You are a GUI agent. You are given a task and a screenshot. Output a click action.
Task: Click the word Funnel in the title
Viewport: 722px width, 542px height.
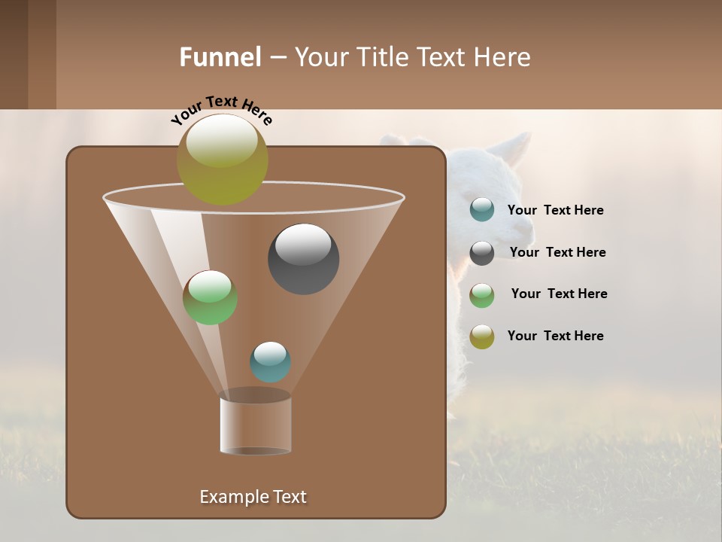click(x=220, y=57)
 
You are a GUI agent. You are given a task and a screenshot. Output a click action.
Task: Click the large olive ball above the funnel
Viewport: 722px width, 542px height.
click(x=222, y=160)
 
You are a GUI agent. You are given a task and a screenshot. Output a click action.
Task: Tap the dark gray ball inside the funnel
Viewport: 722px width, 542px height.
click(x=303, y=259)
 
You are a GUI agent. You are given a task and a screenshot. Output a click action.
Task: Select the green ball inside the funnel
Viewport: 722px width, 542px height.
click(x=210, y=297)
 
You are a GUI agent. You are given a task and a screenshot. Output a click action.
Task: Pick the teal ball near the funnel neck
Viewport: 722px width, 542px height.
click(x=270, y=362)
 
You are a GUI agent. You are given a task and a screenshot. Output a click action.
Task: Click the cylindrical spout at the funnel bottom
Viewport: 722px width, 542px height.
click(x=256, y=425)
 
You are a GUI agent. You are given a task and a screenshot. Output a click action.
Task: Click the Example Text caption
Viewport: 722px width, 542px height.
click(x=253, y=497)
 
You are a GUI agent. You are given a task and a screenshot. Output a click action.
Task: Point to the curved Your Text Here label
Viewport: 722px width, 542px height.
click(x=221, y=108)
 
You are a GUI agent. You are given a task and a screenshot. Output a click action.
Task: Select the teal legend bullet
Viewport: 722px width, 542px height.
click(x=482, y=210)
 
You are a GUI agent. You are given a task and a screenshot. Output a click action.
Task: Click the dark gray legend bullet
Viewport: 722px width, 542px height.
click(x=482, y=253)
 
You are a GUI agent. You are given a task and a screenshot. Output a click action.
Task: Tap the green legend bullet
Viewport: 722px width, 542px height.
click(x=482, y=295)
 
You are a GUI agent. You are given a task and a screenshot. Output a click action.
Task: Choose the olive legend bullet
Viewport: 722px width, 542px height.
click(x=482, y=336)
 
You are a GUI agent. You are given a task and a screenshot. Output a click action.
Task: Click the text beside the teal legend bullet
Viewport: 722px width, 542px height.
click(x=555, y=210)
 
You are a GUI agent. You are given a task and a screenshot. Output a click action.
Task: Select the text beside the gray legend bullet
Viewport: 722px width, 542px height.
click(x=557, y=252)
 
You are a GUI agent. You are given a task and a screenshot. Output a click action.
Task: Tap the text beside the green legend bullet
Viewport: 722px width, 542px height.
click(x=559, y=294)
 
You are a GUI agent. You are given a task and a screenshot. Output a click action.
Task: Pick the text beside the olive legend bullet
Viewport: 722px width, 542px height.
click(x=555, y=336)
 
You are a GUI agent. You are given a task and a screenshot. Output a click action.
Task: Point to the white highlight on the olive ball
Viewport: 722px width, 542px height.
click(x=221, y=141)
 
